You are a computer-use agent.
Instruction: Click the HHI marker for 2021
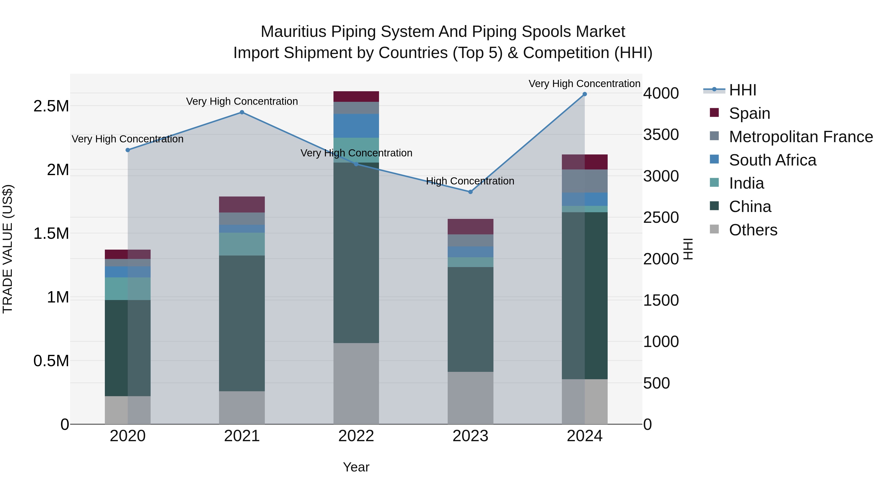click(242, 112)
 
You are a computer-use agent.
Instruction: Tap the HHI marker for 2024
click(584, 94)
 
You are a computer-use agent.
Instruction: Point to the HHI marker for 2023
click(470, 192)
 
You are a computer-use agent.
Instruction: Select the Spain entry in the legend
click(749, 113)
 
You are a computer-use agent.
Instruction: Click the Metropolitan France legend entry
click(800, 137)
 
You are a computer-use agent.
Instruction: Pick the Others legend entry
click(753, 230)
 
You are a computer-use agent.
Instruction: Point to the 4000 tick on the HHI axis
click(661, 93)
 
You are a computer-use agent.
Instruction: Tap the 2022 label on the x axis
click(356, 436)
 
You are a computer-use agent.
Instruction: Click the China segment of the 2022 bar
click(356, 253)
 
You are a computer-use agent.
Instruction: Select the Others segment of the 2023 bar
click(470, 398)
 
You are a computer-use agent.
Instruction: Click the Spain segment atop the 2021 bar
click(242, 205)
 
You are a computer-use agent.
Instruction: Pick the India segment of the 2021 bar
click(242, 244)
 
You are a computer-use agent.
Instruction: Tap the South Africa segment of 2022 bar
click(356, 126)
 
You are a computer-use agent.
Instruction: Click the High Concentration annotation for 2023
click(470, 181)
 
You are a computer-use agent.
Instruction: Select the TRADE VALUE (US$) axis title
click(8, 249)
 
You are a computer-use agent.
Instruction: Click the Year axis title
click(356, 467)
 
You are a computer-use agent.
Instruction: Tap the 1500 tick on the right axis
click(661, 300)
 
